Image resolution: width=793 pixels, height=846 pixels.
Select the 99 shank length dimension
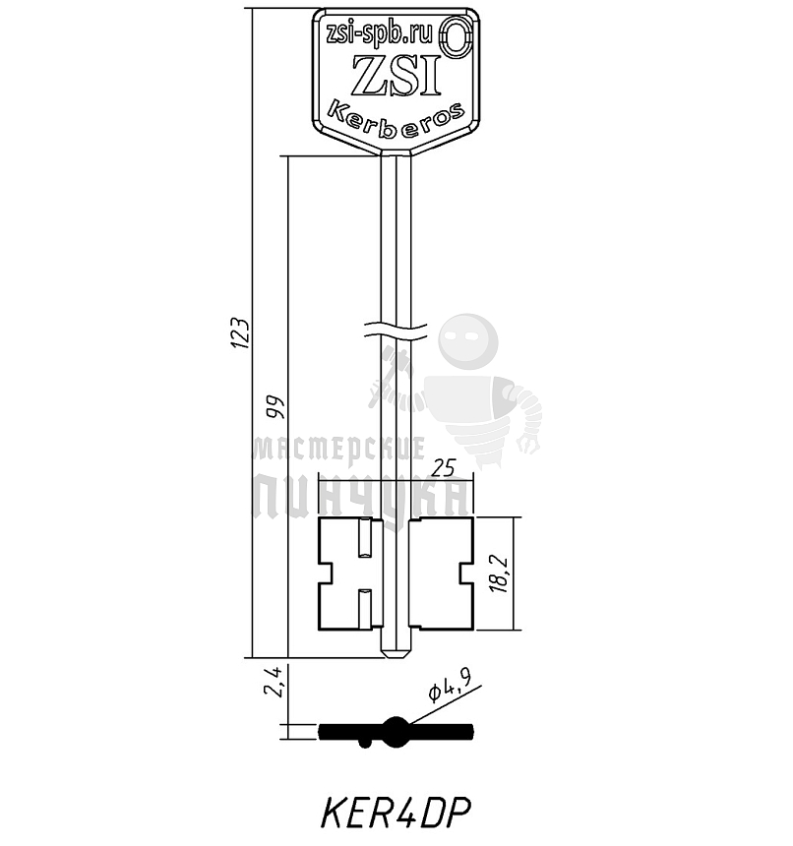click(x=274, y=405)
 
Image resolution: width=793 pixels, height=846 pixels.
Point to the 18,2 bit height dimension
click(x=500, y=572)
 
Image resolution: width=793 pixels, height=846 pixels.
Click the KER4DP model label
click(x=395, y=813)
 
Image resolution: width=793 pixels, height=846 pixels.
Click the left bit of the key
click(x=344, y=574)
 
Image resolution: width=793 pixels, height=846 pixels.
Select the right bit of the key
click(x=442, y=574)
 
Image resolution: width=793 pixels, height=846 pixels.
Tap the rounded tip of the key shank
click(x=396, y=650)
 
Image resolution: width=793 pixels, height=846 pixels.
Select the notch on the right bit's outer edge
click(x=466, y=574)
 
